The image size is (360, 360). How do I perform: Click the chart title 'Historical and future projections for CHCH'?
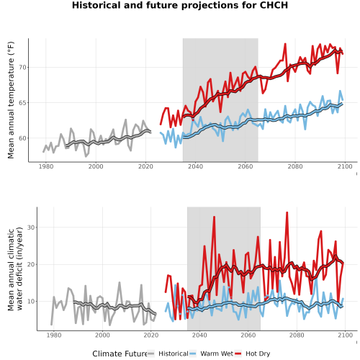[180, 5]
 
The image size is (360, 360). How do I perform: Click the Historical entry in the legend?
[174, 354]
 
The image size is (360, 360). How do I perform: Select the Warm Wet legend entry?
[217, 354]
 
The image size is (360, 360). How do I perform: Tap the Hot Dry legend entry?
[258, 354]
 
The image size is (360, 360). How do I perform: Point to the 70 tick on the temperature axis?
[22, 68]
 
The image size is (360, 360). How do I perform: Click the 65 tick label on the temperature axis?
[22, 103]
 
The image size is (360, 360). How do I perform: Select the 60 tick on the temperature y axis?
[22, 138]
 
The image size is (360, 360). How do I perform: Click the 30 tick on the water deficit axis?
[31, 228]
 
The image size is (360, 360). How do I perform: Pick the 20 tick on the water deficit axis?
[31, 264]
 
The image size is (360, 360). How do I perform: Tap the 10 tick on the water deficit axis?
[31, 302]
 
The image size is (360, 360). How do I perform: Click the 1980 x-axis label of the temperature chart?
[46, 166]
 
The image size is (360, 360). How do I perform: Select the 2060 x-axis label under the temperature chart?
[246, 166]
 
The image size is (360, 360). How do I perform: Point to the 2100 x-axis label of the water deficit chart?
[346, 336]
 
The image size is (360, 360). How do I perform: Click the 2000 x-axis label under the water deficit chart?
[102, 336]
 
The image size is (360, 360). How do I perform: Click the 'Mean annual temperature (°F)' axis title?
[11, 100]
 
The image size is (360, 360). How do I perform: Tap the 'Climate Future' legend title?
[120, 354]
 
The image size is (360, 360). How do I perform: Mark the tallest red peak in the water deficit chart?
[287, 212]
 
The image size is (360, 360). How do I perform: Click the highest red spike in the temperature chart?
[285, 44]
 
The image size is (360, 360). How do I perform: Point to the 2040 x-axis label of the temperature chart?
[195, 166]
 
